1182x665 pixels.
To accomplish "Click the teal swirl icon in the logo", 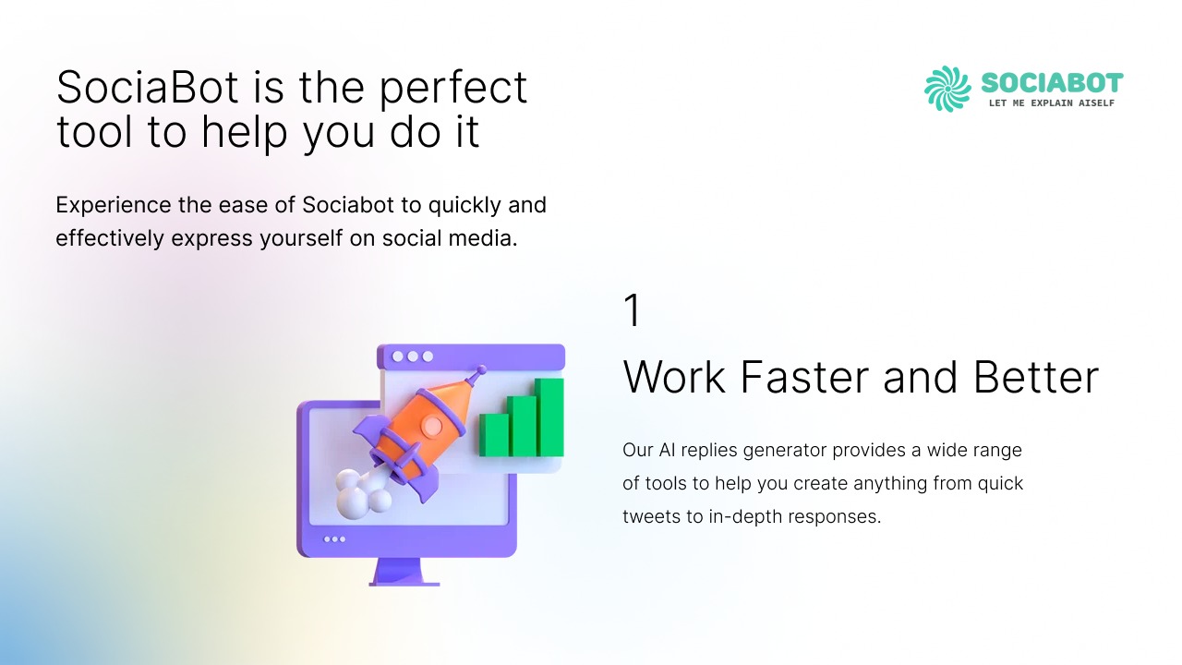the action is pos(947,89).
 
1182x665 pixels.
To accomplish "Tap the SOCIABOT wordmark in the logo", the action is pos(1052,83).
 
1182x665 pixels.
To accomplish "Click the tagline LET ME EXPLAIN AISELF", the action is pos(1052,103).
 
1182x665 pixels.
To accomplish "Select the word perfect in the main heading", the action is pos(453,88).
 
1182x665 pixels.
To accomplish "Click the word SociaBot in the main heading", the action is pos(147,87).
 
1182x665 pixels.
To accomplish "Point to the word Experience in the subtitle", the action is pos(114,205).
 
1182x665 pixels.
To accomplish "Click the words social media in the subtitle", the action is pos(450,238).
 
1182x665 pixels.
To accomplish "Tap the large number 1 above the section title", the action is pos(633,310).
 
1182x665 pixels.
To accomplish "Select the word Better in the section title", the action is pos(1036,377).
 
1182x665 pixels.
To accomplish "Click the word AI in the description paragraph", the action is pos(667,450).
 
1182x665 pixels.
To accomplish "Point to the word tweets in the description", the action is pos(651,516).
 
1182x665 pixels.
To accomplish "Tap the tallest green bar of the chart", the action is pos(549,417).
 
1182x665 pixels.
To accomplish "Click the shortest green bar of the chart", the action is pos(494,435).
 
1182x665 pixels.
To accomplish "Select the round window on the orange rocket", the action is pos(432,426).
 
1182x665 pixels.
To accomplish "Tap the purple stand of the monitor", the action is pos(404,572).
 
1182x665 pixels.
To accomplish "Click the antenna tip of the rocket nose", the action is pos(481,369).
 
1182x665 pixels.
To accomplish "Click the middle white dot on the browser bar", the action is pos(413,357).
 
